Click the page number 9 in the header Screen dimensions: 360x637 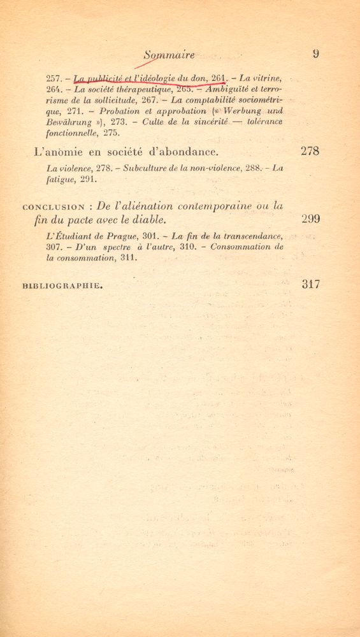(315, 54)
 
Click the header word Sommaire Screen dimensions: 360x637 (169, 55)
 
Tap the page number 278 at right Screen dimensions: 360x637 (310, 152)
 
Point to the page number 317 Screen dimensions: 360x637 (310, 285)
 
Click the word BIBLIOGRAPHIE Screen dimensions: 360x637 (62, 287)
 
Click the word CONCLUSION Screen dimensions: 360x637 (54, 207)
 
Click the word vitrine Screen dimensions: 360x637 (268, 78)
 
